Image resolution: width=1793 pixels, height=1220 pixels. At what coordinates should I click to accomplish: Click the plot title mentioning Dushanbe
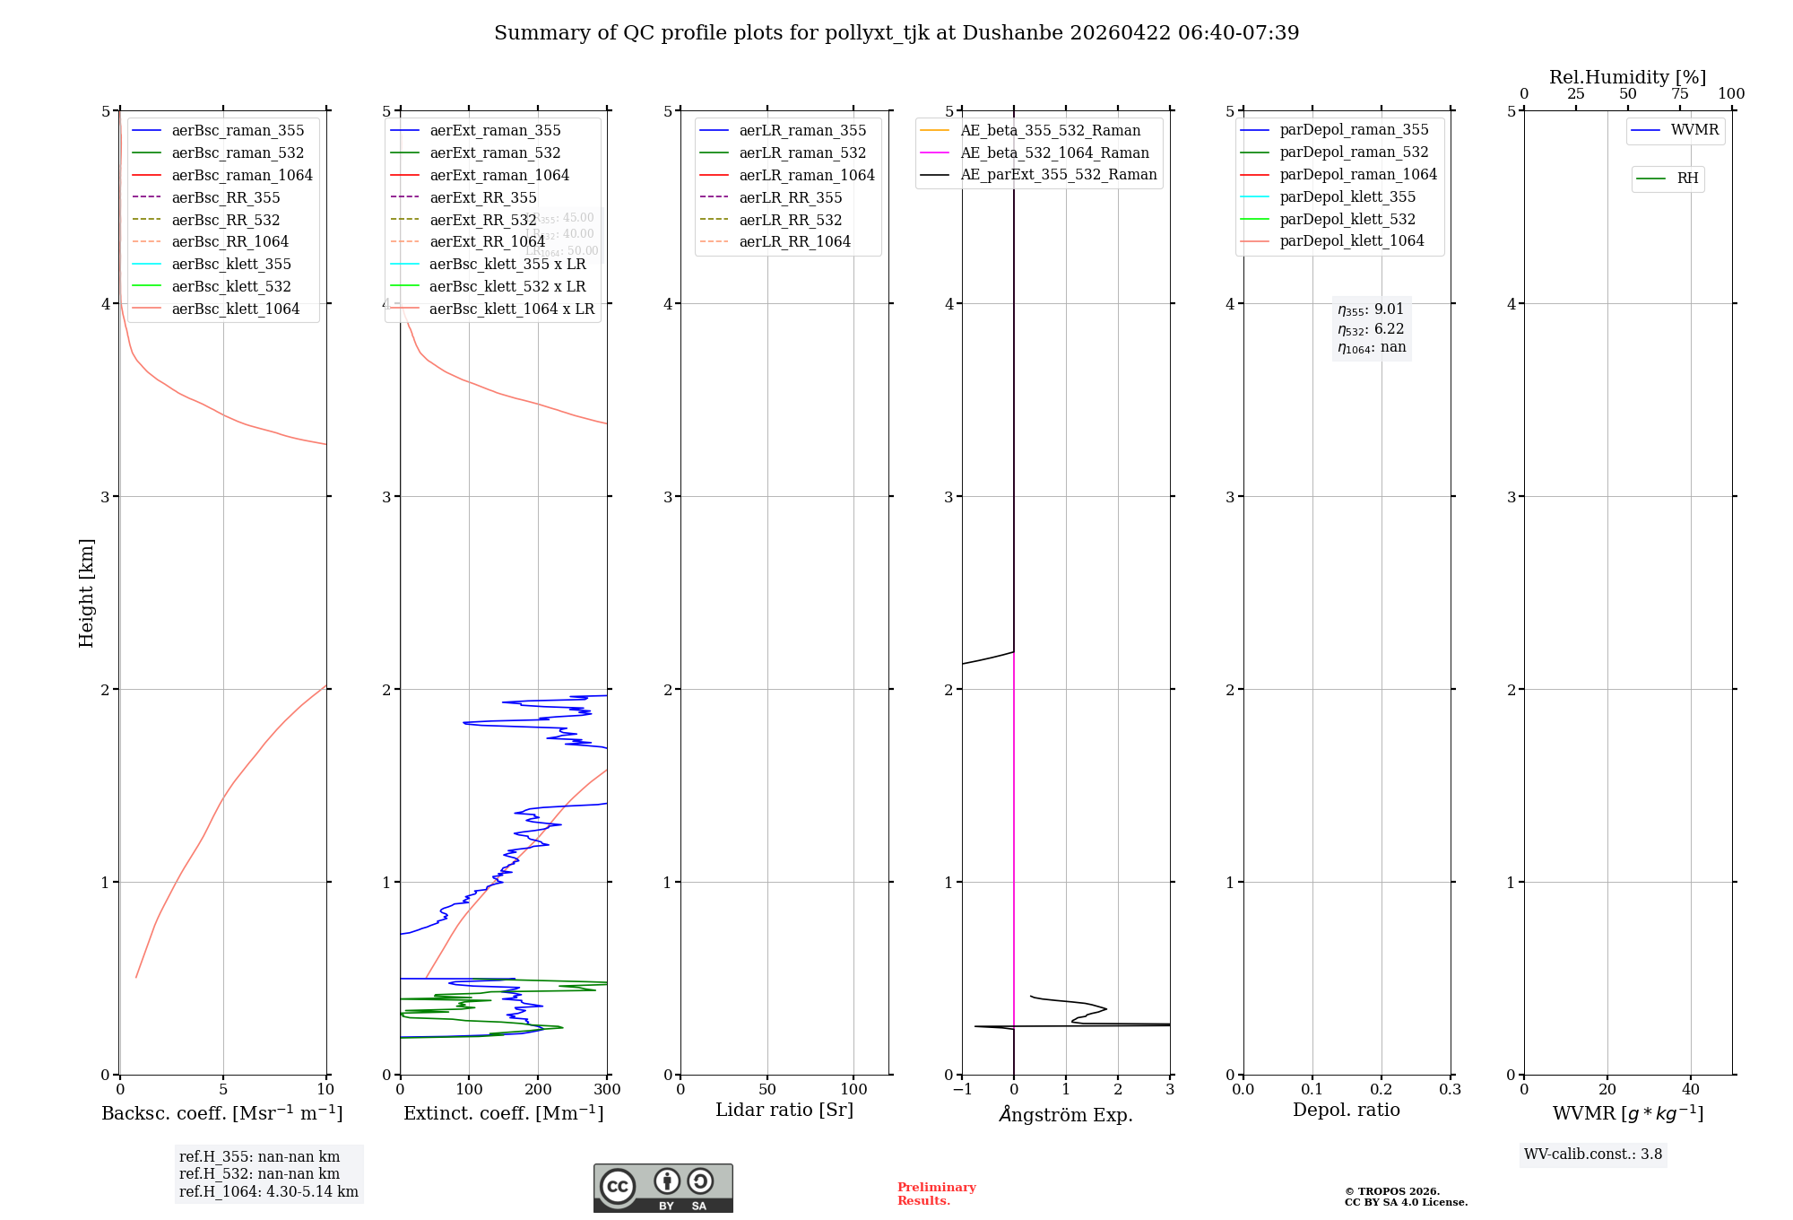[x=896, y=33]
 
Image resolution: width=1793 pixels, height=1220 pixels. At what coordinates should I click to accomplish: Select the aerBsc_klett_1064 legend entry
[x=236, y=309]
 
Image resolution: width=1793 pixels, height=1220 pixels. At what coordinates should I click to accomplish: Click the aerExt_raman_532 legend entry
[x=495, y=152]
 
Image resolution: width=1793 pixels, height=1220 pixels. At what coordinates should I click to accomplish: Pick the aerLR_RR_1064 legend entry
[x=794, y=241]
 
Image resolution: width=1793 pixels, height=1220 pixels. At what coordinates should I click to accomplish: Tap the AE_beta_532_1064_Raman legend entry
[x=1054, y=152]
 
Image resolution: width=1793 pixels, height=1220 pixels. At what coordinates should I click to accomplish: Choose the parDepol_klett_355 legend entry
[x=1347, y=196]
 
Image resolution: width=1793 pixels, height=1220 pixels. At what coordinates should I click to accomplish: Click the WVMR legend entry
[x=1694, y=130]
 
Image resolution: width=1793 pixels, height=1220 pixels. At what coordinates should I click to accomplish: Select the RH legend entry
[x=1687, y=179]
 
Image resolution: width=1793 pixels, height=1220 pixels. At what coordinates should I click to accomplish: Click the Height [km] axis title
[x=86, y=592]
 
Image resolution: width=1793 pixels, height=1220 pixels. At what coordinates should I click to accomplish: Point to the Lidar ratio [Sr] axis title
[x=784, y=1110]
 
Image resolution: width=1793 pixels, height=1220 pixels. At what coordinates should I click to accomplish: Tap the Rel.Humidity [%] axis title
[x=1627, y=77]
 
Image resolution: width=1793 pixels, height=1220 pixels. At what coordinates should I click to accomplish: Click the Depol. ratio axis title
[x=1346, y=1110]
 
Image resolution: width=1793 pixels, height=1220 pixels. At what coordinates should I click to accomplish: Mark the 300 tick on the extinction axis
[x=607, y=1089]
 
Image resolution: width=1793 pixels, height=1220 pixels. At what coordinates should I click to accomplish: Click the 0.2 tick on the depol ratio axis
[x=1382, y=1089]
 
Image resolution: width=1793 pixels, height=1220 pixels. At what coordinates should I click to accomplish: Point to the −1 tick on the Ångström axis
[x=962, y=1089]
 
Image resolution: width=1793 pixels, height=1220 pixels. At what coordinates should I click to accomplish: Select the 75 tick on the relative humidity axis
[x=1679, y=94]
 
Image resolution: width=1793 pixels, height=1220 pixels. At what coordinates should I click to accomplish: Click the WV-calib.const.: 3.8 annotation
[x=1592, y=1154]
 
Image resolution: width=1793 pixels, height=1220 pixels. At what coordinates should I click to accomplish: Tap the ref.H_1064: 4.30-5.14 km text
[x=268, y=1191]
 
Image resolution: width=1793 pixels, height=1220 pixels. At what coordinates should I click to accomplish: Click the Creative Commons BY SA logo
[x=663, y=1188]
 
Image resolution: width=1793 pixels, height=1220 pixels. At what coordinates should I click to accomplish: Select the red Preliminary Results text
[x=936, y=1193]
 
